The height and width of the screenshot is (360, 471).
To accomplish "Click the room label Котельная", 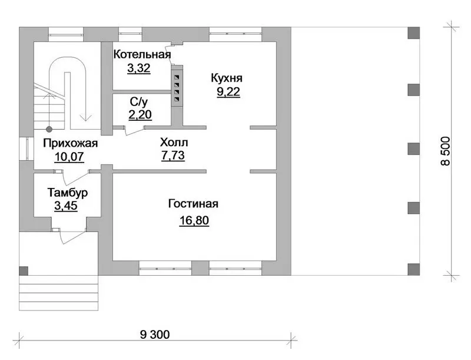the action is [142, 54].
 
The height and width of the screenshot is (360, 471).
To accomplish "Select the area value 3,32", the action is [139, 68].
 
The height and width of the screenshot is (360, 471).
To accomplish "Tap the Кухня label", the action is [227, 78].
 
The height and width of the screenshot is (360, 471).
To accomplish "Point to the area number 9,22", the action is [228, 92].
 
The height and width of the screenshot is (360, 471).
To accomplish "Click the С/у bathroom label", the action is [139, 102].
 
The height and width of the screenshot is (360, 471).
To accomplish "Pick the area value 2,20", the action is [140, 114].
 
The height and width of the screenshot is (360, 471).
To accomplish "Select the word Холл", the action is [174, 142].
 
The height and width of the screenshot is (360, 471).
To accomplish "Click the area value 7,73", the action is [173, 156].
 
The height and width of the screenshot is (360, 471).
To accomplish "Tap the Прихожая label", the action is [70, 143].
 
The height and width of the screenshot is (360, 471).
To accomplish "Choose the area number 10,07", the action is [69, 157].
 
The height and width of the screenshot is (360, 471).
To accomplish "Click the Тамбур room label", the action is [68, 192].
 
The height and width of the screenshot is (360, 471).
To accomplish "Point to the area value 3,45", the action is [66, 206].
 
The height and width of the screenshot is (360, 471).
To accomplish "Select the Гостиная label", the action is [193, 204].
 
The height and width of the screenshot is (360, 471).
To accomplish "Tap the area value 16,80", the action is [194, 220].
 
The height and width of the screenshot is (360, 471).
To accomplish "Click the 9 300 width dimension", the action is [155, 334].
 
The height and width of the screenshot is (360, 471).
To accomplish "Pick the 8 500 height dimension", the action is [445, 151].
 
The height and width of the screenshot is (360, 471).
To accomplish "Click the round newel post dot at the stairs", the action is [49, 129].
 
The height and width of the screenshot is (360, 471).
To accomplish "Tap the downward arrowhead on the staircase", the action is [86, 117].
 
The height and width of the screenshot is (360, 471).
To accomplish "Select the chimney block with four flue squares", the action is [177, 86].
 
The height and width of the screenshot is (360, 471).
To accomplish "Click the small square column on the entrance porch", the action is [24, 271].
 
